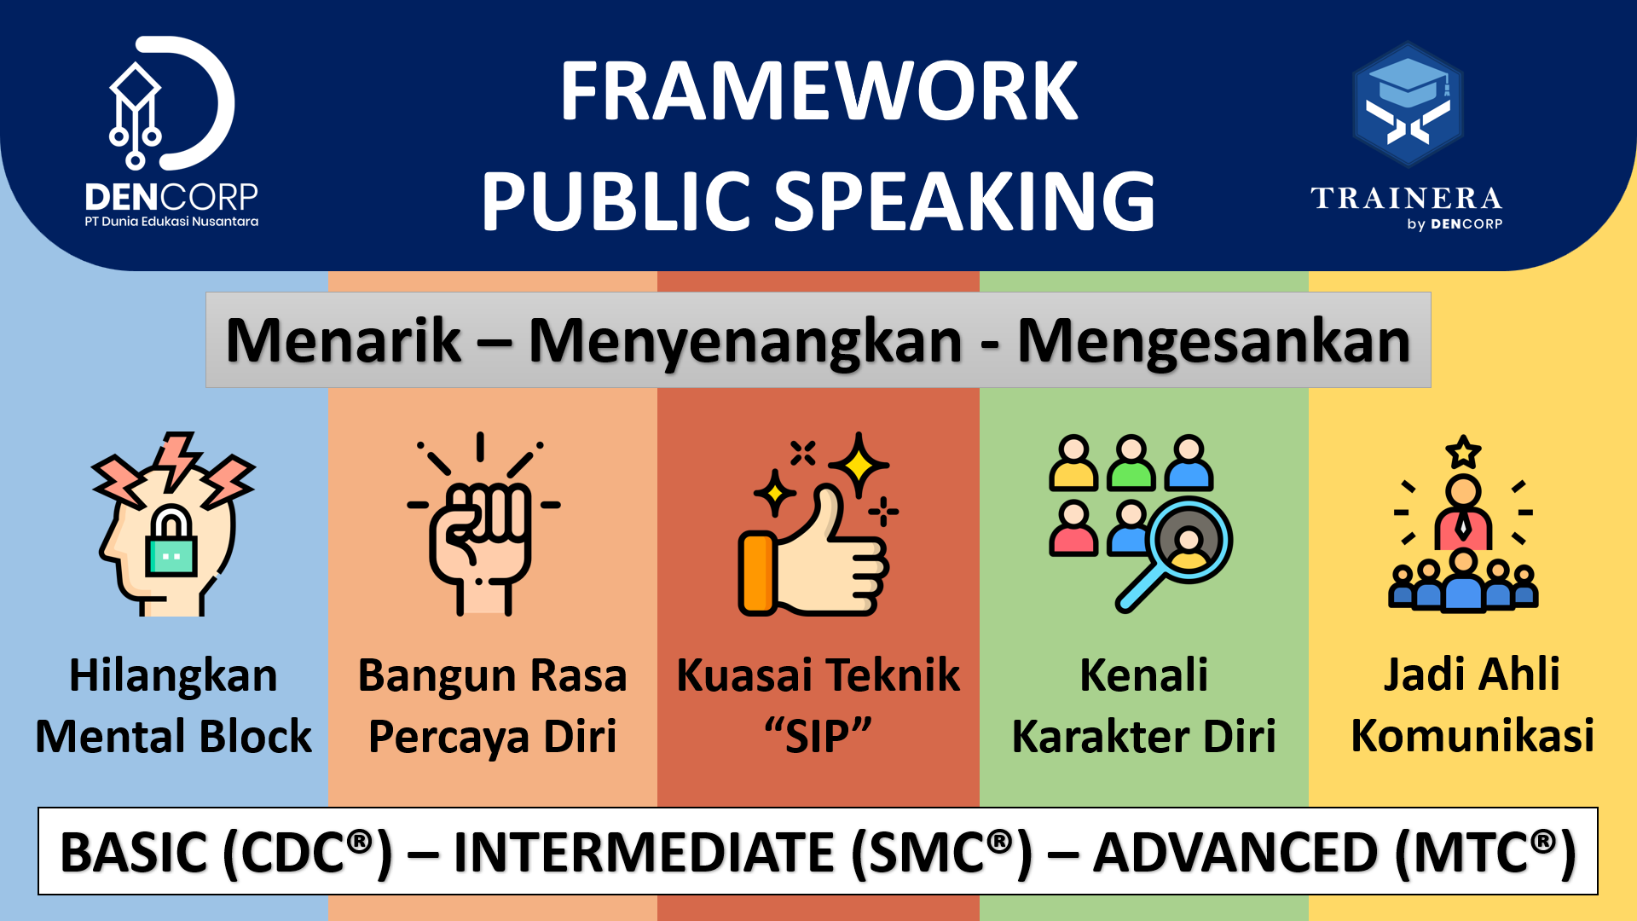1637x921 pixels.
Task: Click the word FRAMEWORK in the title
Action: point(818,91)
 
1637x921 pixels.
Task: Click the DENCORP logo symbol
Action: point(171,102)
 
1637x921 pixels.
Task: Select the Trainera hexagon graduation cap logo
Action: point(1408,104)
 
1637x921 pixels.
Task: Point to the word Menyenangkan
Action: point(745,341)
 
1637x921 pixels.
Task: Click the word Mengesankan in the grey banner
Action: point(1214,341)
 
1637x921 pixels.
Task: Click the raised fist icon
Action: point(483,524)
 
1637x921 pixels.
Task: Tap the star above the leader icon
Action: point(1463,452)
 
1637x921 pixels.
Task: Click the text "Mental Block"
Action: point(173,736)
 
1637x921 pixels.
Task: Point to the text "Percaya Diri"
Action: point(492,737)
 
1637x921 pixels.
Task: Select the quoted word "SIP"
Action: point(818,736)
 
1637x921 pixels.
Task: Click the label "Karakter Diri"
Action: point(1143,736)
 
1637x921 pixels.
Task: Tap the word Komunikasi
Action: point(1472,736)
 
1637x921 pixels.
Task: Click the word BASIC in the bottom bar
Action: point(134,853)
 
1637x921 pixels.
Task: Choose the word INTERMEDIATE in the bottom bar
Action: point(644,853)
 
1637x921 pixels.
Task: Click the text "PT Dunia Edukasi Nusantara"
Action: point(171,222)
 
